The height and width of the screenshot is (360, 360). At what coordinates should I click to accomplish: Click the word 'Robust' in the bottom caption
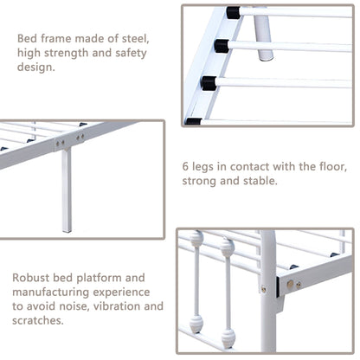(x=33, y=279)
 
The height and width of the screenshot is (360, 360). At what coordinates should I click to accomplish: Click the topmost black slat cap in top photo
(x=233, y=14)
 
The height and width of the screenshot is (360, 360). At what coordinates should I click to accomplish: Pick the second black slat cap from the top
(x=221, y=44)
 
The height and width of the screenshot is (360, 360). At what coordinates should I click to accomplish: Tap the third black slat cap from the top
(x=209, y=83)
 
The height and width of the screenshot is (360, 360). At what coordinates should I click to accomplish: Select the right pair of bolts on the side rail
(x=83, y=136)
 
